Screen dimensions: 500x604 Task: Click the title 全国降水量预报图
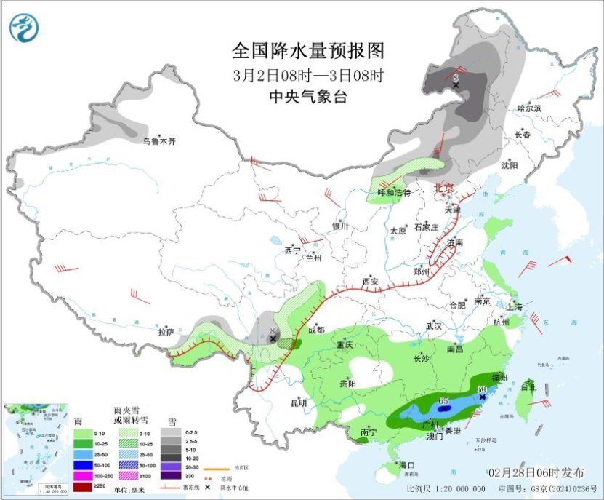pos(307,50)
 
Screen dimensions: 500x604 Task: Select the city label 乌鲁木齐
pos(158,141)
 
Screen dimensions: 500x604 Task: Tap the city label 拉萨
pos(166,332)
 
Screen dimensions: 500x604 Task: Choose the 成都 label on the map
pos(315,329)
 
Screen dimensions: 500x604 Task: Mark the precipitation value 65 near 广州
pos(444,401)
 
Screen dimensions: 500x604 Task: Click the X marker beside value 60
pos(482,397)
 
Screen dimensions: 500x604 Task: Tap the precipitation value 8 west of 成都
pos(273,330)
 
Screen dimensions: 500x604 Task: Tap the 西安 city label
pos(371,281)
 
